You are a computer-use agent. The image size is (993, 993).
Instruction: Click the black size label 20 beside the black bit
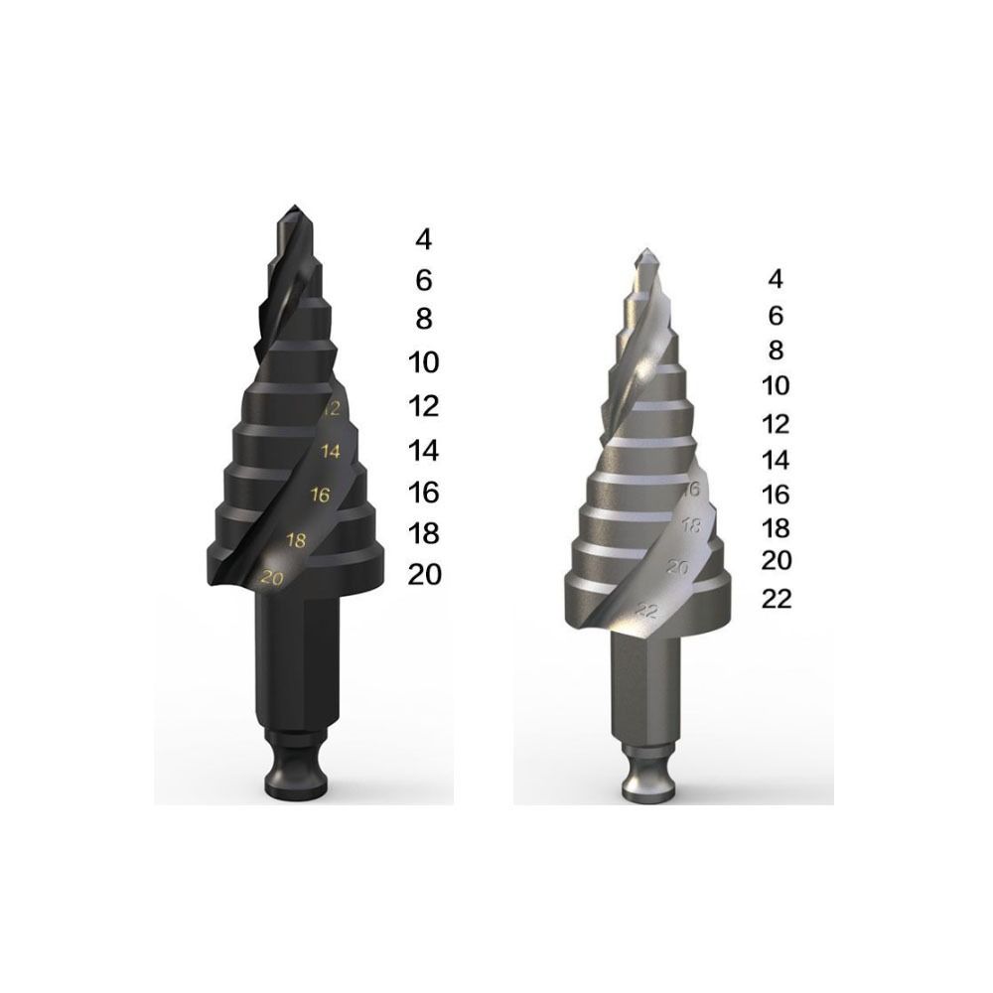(x=424, y=575)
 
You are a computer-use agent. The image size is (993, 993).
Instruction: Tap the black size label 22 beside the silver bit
(x=777, y=599)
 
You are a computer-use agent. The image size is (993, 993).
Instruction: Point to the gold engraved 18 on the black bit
(x=295, y=539)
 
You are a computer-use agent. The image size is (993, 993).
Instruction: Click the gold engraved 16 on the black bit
(x=320, y=494)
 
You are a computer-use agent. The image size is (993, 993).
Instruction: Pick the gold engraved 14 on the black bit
(x=330, y=451)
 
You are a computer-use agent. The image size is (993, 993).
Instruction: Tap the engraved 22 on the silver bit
(x=646, y=610)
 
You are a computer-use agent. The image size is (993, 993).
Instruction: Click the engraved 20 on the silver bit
(x=678, y=567)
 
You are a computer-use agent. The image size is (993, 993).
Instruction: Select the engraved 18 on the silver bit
(x=692, y=526)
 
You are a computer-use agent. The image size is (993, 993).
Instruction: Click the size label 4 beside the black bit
(x=424, y=239)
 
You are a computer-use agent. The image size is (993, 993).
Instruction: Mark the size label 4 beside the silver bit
(x=777, y=279)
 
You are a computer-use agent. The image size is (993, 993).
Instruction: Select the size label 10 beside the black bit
(x=424, y=362)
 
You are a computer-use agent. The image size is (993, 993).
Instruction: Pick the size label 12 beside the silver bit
(x=777, y=424)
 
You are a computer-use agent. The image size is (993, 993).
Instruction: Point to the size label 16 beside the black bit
(x=424, y=493)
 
